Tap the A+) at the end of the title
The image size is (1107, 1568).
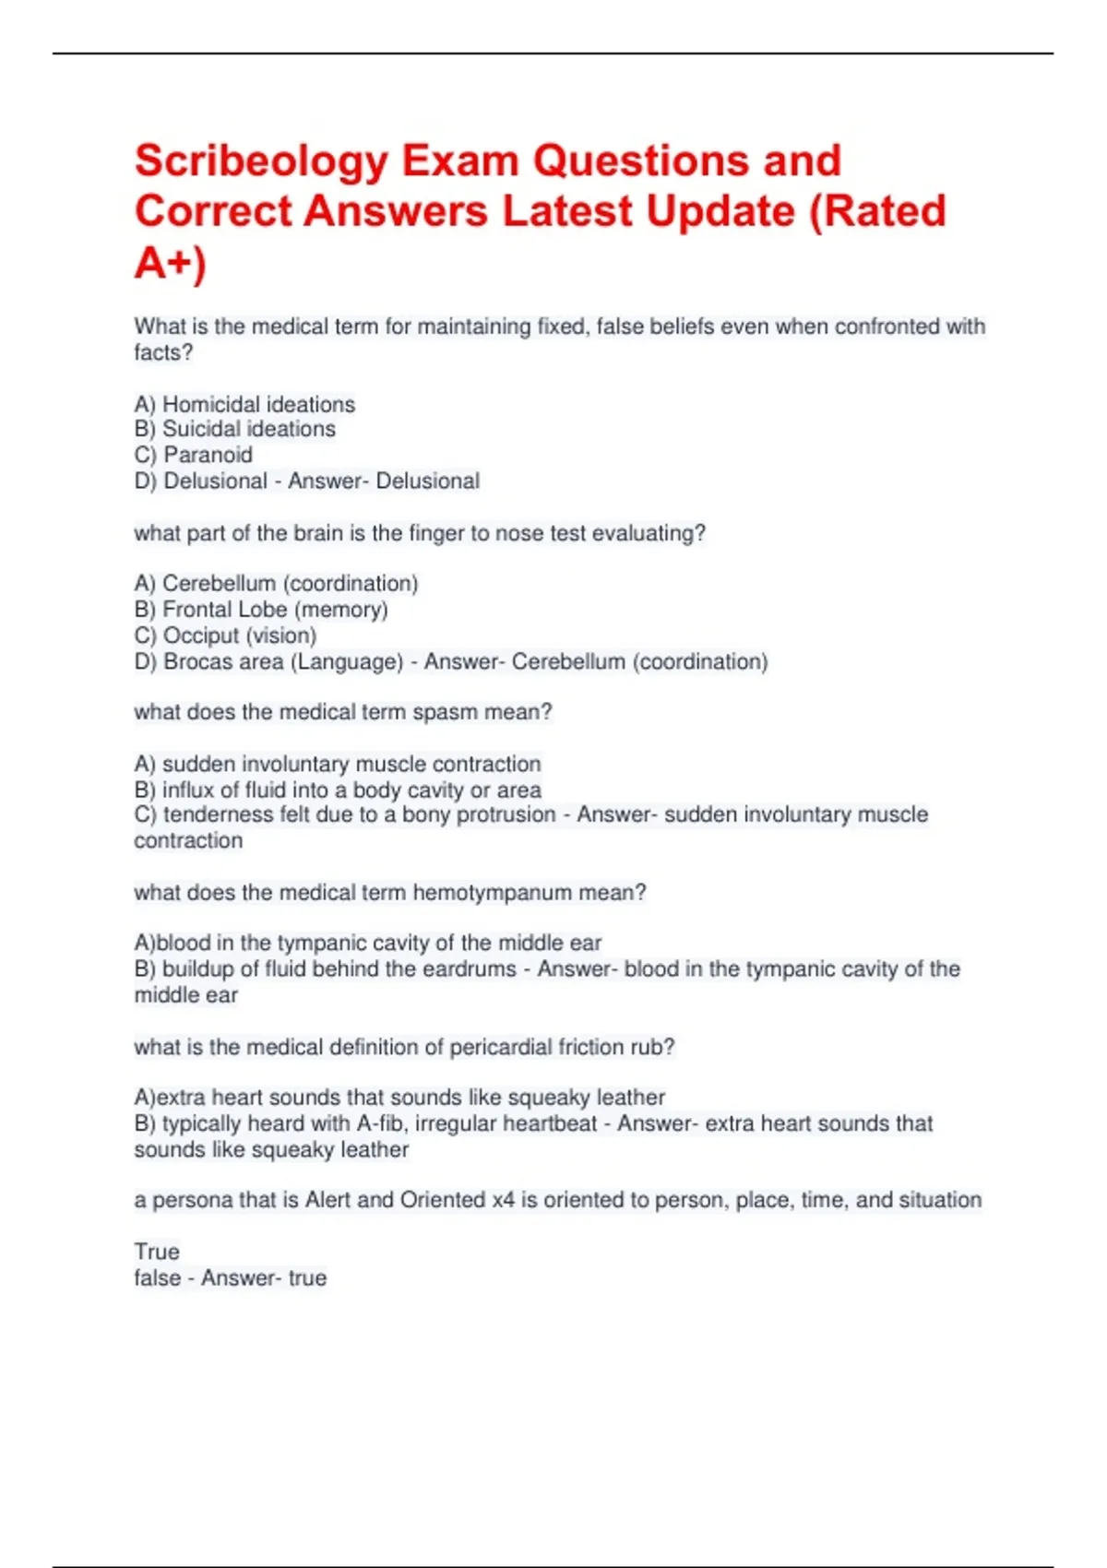(170, 263)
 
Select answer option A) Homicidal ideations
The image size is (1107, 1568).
(244, 404)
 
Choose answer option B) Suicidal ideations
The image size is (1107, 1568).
(234, 429)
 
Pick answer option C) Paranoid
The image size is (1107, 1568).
(193, 455)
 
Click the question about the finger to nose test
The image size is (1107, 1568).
(420, 533)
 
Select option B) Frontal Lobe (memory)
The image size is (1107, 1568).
(261, 610)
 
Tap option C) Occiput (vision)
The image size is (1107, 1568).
(225, 636)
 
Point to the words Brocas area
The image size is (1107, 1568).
(222, 661)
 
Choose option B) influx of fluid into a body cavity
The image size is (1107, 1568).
(338, 790)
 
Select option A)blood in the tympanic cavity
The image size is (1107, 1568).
(367, 943)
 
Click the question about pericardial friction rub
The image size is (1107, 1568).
(404, 1047)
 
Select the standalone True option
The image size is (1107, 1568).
(157, 1252)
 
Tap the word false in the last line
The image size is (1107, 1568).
(157, 1277)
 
